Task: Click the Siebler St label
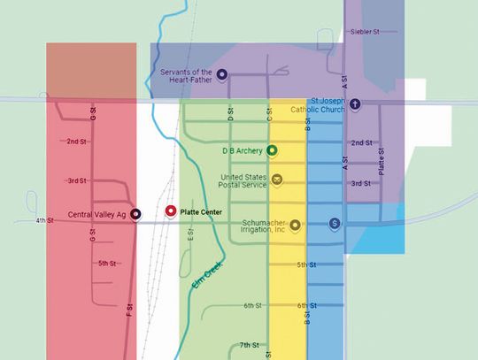coord(365,32)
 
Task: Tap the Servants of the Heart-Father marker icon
coord(222,74)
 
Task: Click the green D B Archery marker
coord(272,150)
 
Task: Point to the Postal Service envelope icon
coord(277,180)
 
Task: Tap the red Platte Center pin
coord(171,211)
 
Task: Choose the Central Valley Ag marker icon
coord(135,213)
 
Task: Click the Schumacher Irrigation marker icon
coord(296,224)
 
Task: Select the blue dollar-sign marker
coord(334,224)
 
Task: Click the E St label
coord(190,234)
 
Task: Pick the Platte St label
coord(382,161)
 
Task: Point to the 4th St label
coord(45,219)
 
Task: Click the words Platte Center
coord(202,212)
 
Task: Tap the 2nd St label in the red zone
coord(77,141)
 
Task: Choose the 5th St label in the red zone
coord(107,263)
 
